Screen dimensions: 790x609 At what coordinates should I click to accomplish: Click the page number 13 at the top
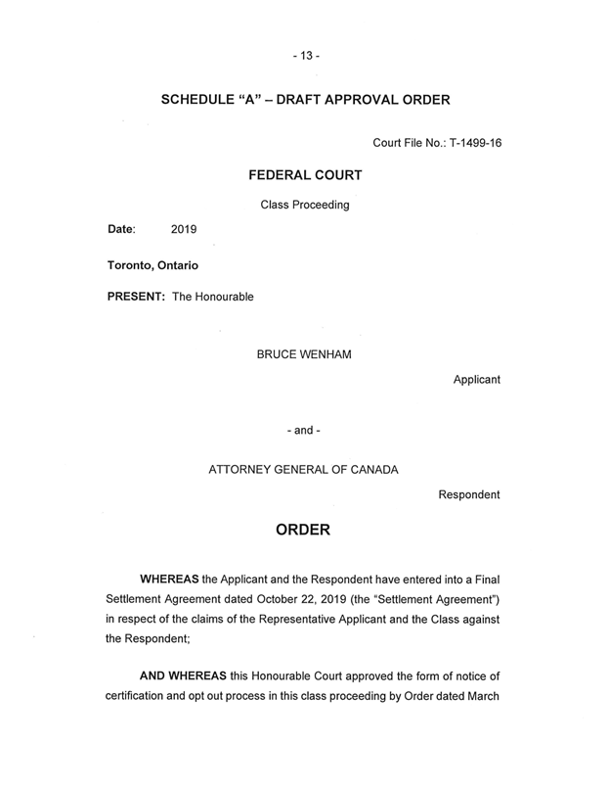[304, 55]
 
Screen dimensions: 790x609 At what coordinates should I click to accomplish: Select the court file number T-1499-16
[473, 144]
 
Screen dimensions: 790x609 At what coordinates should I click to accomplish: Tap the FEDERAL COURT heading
[305, 175]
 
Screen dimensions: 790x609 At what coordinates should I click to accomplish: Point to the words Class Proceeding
[305, 205]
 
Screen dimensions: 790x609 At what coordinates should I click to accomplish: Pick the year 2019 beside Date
[184, 230]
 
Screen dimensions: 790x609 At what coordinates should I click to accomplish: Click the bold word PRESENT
[137, 297]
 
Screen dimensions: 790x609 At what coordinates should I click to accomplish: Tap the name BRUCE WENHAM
[304, 353]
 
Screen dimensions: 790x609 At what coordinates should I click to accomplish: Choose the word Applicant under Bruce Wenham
[476, 380]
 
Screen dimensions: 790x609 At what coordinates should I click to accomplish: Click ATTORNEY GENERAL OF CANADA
[304, 469]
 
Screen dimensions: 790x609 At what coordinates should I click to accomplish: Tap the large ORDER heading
[304, 532]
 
